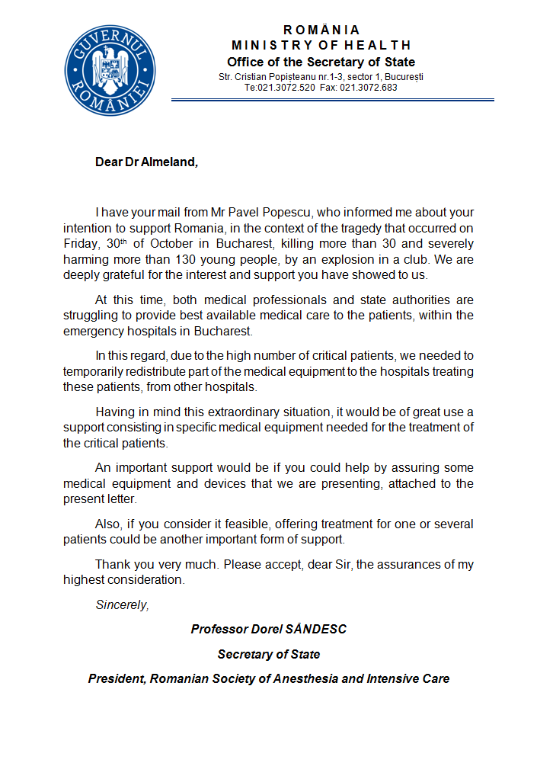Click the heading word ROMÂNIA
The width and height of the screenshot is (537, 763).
pyautogui.click(x=321, y=30)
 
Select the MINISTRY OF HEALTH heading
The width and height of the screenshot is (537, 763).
pyautogui.click(x=321, y=45)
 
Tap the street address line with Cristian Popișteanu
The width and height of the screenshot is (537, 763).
pyautogui.click(x=321, y=77)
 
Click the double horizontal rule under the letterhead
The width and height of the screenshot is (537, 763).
pyautogui.click(x=332, y=99)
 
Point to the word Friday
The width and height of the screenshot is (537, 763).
pyautogui.click(x=80, y=244)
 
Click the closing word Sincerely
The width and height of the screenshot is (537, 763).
pyautogui.click(x=122, y=604)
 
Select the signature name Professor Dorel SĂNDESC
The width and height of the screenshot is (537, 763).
pyautogui.click(x=269, y=630)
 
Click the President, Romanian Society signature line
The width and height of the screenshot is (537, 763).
pyautogui.click(x=269, y=678)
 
